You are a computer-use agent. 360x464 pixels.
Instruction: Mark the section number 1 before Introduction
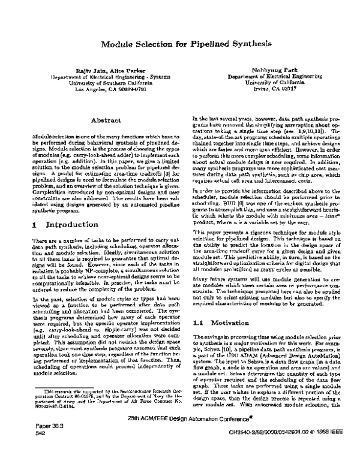click(35, 208)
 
